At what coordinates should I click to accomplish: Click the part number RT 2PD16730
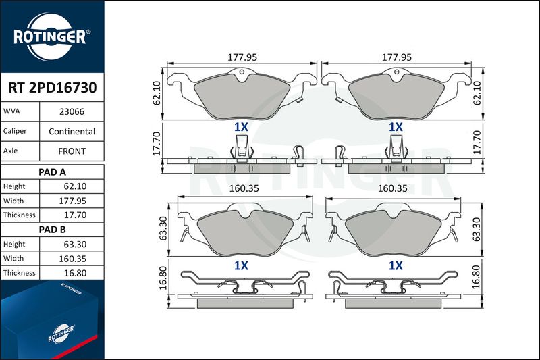click(x=53, y=88)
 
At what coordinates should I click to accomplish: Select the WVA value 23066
click(x=72, y=111)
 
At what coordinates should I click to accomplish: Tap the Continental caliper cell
click(x=72, y=132)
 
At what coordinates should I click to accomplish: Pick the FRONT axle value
click(x=72, y=151)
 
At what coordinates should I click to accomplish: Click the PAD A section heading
click(x=53, y=172)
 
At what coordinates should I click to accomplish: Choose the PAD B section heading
click(x=53, y=230)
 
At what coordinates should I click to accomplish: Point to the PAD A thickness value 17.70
click(x=75, y=215)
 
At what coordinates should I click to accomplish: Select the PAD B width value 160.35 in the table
click(x=72, y=259)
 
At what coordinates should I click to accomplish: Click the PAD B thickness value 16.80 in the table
click(x=75, y=273)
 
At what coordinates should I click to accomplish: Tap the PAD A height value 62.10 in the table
click(x=75, y=186)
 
